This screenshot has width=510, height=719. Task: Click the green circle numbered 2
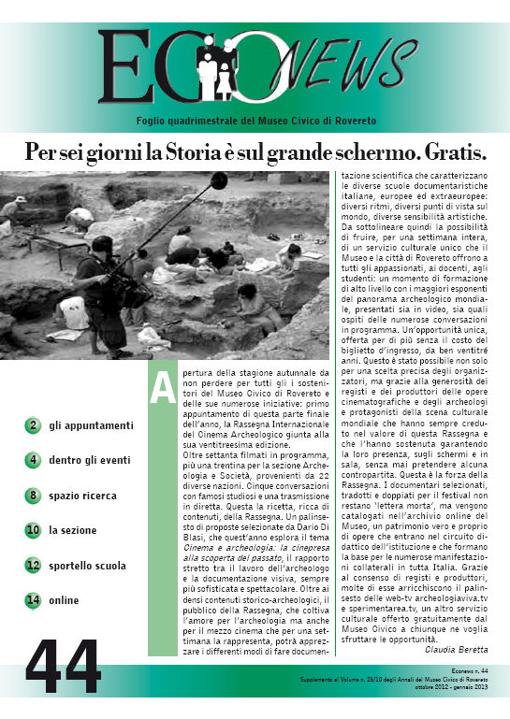coord(33,425)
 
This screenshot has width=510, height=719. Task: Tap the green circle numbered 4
coord(33,460)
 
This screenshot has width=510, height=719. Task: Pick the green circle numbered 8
coord(33,495)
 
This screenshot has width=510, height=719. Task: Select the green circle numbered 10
coord(33,530)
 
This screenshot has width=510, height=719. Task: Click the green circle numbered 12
coord(33,566)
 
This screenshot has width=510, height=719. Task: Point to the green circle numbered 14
coord(33,600)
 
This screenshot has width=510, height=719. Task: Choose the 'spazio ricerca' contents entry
coord(82,495)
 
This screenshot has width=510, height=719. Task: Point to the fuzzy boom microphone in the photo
coord(218,180)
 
